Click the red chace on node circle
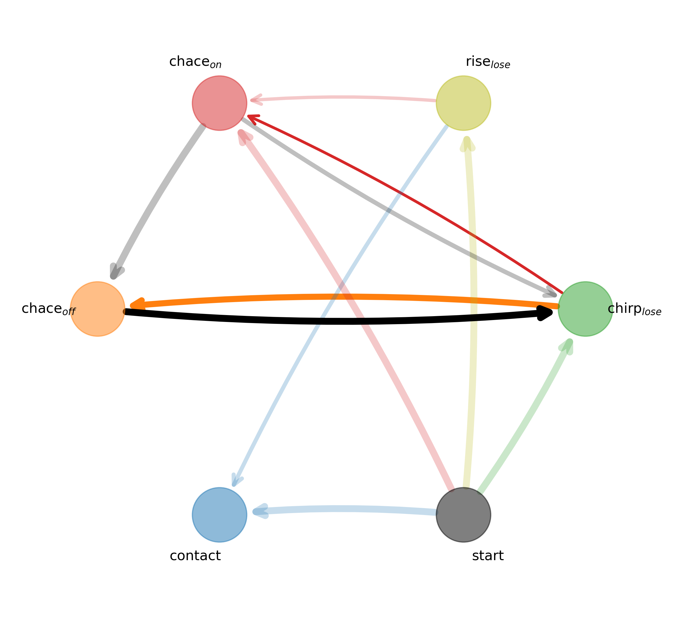219,103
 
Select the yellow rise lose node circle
464,103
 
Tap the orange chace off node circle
97,309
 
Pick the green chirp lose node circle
586,309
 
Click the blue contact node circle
219,515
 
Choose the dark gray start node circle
464,515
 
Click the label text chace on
195,62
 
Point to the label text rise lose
488,62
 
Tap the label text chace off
48,309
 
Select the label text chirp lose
634,309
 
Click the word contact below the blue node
195,556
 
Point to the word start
488,556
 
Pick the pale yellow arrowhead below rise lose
467,144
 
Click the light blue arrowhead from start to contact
260,512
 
